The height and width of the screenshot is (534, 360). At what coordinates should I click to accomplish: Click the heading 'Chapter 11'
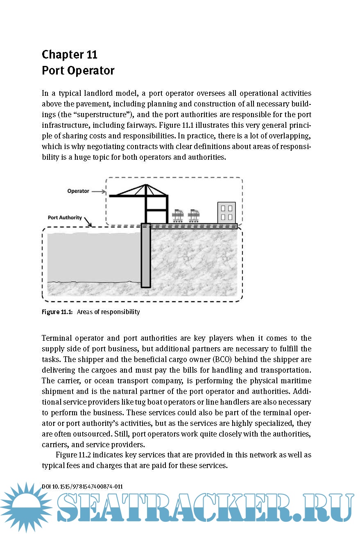pos(70,54)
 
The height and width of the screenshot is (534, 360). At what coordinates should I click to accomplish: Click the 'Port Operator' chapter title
pos(78,70)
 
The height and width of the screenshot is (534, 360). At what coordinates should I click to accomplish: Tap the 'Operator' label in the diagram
pos(78,191)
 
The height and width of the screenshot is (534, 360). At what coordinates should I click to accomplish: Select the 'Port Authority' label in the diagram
pos(65,217)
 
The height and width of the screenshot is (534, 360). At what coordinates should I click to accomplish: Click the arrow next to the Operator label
pos(98,191)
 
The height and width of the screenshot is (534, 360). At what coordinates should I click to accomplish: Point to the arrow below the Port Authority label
pos(87,222)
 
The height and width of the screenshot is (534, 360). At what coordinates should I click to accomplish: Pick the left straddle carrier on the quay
pos(178,215)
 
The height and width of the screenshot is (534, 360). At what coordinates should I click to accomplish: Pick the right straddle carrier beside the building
pos(194,215)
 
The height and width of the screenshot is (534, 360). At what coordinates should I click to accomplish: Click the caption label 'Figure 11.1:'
pos(57,312)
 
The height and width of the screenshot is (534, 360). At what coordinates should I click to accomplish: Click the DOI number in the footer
pos(82,486)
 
